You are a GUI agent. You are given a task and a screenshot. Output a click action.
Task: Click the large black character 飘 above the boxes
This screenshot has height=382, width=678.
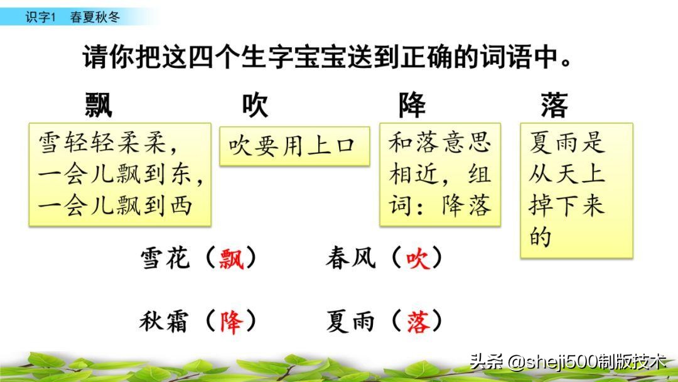click(x=99, y=104)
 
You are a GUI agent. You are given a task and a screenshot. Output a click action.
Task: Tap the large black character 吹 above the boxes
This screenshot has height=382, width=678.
click(x=255, y=104)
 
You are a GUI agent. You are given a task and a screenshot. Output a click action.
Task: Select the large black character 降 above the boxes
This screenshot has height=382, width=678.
click(x=412, y=104)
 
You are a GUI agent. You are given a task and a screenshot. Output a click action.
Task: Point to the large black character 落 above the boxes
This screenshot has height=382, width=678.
click(x=554, y=104)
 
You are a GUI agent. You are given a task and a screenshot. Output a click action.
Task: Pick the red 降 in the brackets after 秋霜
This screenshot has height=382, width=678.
click(x=230, y=322)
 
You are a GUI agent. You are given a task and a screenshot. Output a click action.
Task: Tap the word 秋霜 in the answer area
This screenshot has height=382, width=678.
click(x=164, y=322)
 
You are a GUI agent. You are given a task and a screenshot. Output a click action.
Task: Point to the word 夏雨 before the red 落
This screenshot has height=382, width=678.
click(x=350, y=322)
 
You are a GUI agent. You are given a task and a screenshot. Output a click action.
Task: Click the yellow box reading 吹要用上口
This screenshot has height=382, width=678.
click(x=294, y=146)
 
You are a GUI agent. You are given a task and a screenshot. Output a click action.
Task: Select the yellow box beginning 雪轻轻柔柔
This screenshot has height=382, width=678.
click(x=120, y=174)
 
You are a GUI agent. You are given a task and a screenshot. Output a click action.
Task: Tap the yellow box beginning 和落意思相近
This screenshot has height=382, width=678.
click(x=439, y=174)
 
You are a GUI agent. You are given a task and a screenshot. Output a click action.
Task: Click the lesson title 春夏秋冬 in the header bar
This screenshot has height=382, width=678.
click(x=94, y=17)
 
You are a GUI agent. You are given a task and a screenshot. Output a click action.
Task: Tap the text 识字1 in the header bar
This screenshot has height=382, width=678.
click(x=41, y=17)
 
